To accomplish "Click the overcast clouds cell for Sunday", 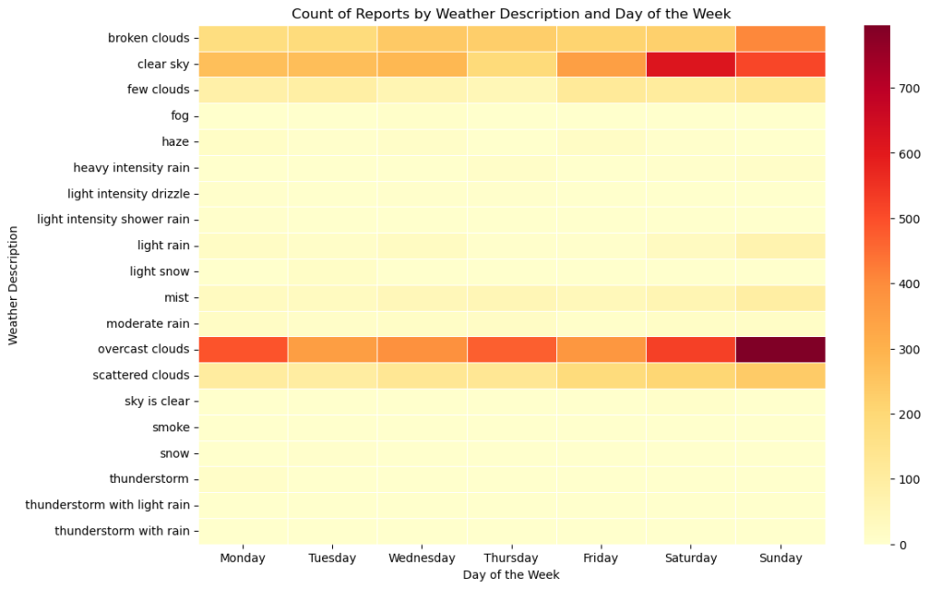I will point(780,349).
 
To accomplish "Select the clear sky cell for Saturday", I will point(690,64).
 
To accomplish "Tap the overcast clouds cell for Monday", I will point(242,349).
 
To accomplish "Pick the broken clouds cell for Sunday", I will point(780,38).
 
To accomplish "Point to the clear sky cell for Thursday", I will point(511,64).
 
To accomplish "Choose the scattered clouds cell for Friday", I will point(601,375).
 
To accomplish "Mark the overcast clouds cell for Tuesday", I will point(332,349).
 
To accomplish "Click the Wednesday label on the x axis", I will point(421,558).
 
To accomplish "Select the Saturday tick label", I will point(690,558).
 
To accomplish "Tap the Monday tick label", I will point(242,558).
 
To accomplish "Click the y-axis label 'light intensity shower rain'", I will point(113,219).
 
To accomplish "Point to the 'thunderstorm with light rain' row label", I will point(108,505).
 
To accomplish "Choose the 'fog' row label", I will point(180,116).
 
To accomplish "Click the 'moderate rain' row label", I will point(147,323).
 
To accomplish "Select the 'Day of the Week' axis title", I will point(511,575).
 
